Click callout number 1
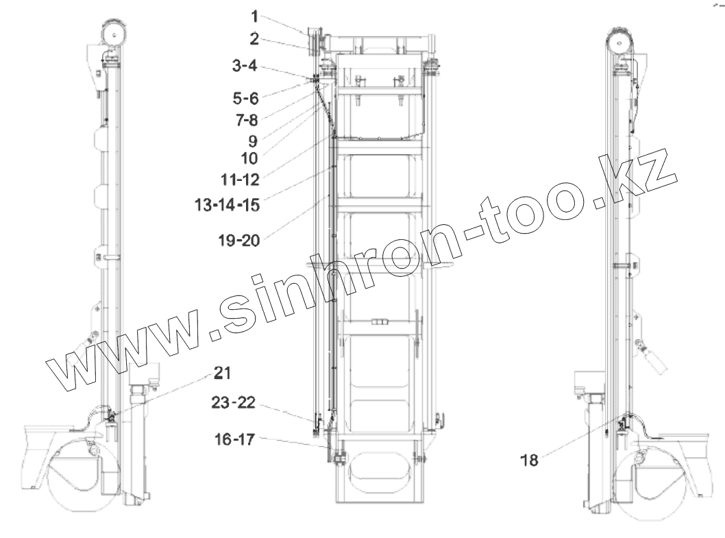tap(254, 16)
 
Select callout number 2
tap(254, 39)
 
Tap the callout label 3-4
tap(245, 66)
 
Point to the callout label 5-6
tap(245, 98)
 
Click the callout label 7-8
tap(247, 120)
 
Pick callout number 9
tap(252, 140)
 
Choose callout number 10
tap(249, 159)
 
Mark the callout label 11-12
tap(240, 180)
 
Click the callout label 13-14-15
tap(227, 204)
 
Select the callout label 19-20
tap(239, 240)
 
